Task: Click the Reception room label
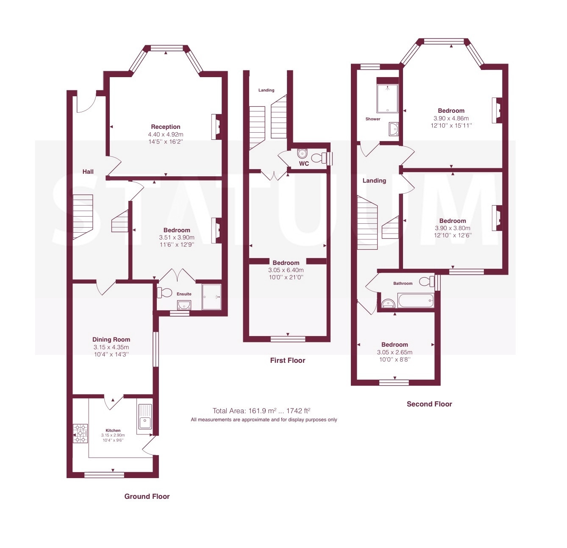click(166, 127)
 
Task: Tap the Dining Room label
click(111, 339)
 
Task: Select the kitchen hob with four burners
click(80, 433)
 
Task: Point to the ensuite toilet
click(164, 292)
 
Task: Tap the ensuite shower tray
click(211, 297)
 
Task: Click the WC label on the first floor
click(304, 164)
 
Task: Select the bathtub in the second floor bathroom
click(415, 300)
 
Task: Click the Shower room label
click(373, 119)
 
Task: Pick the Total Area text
click(261, 411)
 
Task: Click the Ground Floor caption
click(147, 496)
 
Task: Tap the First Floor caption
click(288, 360)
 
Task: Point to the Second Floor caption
click(429, 404)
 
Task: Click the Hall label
click(88, 172)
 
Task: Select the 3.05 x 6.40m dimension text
click(286, 270)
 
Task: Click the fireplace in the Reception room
click(217, 127)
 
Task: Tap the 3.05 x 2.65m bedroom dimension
click(395, 352)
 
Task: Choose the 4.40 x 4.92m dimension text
click(166, 134)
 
